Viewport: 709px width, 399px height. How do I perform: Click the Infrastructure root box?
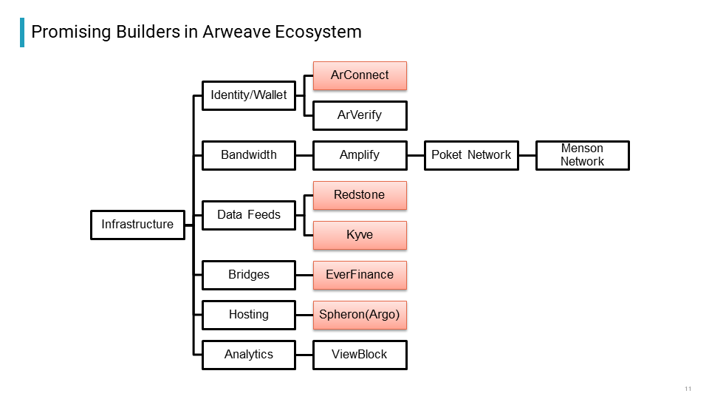pos(137,225)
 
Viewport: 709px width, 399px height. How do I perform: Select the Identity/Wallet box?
pos(249,95)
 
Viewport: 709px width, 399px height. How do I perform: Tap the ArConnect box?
pos(360,75)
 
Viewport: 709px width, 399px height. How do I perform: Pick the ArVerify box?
pos(360,115)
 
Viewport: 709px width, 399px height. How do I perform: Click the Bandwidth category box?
pos(249,155)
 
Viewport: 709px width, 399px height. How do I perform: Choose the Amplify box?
pos(360,155)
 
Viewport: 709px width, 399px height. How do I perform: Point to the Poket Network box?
pos(471,155)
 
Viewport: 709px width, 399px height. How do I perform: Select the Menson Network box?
pos(583,155)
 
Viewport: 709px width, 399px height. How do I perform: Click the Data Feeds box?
pos(249,215)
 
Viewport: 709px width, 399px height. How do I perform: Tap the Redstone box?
pos(360,195)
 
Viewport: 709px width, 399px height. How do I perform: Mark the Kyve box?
pos(360,235)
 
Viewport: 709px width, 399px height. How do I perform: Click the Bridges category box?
pos(249,275)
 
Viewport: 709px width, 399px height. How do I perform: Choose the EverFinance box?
pos(360,275)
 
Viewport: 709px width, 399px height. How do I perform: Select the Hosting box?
pos(249,315)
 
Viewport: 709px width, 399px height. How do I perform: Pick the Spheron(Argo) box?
pos(360,315)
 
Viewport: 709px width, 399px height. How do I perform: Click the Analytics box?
pos(249,355)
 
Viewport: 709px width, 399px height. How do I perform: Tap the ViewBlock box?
pos(360,355)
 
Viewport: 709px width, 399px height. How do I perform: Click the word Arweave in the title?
pos(236,32)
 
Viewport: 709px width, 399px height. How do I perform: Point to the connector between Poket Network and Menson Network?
pos(527,155)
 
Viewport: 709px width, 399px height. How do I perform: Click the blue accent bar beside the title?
pos(22,32)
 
